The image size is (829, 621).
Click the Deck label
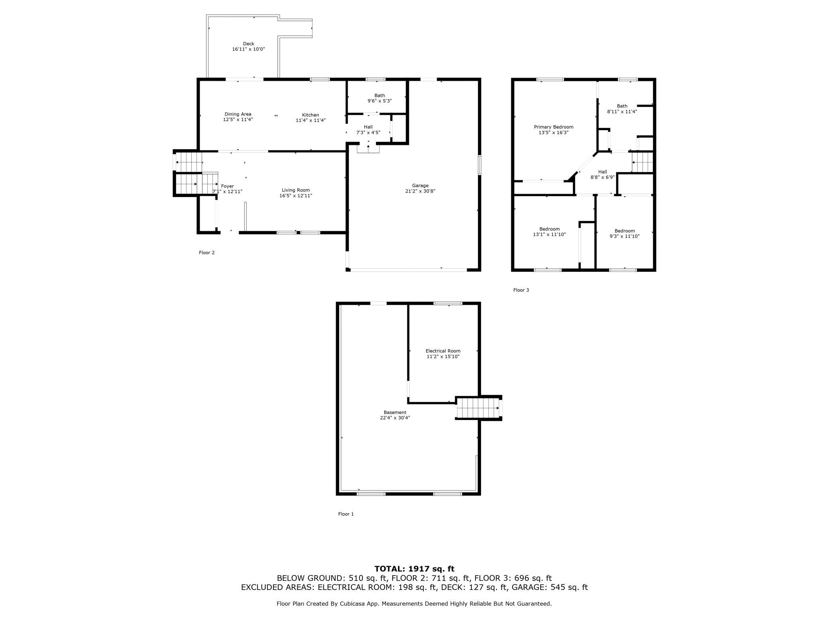248,44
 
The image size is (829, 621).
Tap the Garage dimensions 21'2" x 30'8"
420,191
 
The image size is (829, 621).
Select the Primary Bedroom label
553,127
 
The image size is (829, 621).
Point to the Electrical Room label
443,351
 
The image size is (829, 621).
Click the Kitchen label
310,115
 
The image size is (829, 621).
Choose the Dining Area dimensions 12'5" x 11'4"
238,119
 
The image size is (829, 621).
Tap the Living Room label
295,190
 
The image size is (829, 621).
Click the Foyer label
228,186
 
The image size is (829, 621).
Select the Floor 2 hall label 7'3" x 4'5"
368,130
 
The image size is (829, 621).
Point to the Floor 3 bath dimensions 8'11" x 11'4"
622,112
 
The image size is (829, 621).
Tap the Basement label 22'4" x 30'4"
395,415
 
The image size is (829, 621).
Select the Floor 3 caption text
521,290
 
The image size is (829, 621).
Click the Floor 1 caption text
346,514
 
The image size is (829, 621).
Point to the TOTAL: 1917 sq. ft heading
414,569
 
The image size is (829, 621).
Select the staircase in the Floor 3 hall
642,162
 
